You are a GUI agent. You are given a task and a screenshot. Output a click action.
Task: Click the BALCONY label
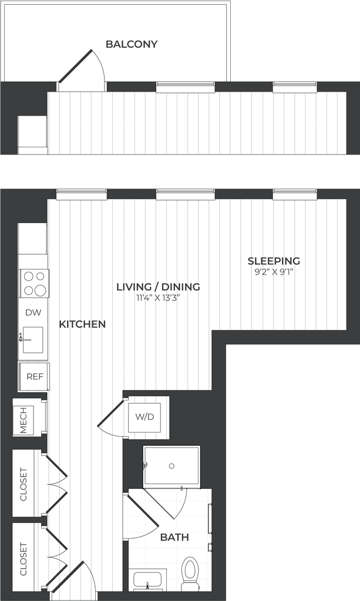[132, 44]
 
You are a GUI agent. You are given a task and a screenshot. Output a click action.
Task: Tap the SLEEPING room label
[274, 261]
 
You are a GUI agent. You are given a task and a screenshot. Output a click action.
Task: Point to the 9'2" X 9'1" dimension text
[274, 272]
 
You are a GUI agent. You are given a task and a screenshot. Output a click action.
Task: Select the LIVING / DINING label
[159, 286]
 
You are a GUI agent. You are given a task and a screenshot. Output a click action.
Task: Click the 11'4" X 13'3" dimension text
[158, 298]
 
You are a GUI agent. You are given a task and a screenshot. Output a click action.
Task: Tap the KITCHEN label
[82, 324]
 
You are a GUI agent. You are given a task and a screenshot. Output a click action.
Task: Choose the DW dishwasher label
[33, 313]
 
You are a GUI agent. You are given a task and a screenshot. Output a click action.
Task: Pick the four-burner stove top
[35, 283]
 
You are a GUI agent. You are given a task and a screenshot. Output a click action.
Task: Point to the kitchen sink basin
[32, 340]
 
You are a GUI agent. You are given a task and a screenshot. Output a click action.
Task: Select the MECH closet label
[23, 420]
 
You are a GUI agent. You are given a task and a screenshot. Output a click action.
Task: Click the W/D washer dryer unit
[144, 417]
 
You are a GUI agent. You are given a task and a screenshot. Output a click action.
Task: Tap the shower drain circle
[171, 466]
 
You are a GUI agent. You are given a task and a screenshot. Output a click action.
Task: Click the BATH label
[174, 538]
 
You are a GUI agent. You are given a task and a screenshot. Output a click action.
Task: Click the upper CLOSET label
[23, 484]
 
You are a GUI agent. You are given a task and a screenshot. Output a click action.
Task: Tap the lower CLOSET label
[23, 559]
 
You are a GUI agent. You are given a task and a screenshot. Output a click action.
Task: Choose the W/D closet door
[111, 417]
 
